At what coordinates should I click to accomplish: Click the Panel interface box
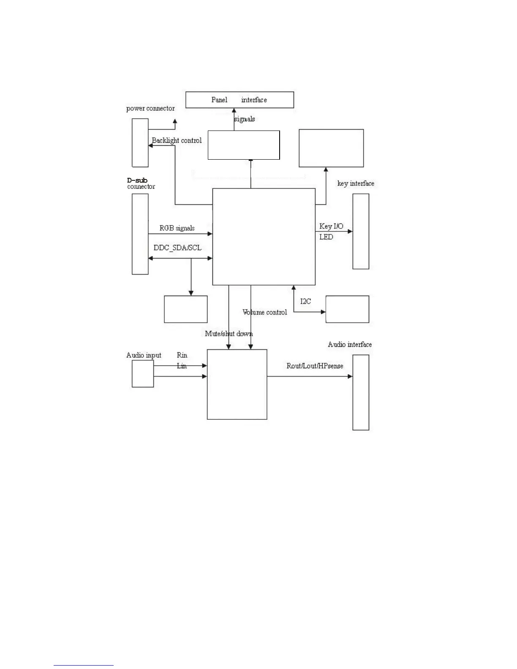(x=239, y=100)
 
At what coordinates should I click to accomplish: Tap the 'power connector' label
(x=150, y=109)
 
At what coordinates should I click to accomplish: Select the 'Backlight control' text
(x=177, y=141)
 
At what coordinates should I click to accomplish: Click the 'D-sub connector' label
(x=141, y=184)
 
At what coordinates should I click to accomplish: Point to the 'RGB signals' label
(x=177, y=228)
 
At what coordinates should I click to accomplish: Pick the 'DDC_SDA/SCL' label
(x=177, y=248)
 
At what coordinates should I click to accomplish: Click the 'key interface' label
(x=356, y=184)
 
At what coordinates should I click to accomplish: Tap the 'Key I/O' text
(x=331, y=226)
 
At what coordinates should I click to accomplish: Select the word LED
(x=326, y=237)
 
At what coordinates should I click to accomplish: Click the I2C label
(x=305, y=302)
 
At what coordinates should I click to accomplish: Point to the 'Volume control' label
(x=265, y=313)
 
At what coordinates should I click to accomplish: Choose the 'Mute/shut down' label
(x=229, y=334)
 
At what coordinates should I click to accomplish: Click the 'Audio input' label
(x=144, y=355)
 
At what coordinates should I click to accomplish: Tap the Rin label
(x=182, y=355)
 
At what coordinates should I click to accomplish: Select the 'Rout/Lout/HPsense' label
(x=315, y=366)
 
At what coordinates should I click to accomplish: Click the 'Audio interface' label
(x=350, y=345)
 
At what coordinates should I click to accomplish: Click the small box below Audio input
(x=143, y=374)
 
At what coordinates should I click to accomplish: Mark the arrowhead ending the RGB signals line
(x=210, y=234)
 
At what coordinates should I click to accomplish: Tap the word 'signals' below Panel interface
(x=245, y=119)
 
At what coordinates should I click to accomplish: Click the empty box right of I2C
(x=347, y=309)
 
